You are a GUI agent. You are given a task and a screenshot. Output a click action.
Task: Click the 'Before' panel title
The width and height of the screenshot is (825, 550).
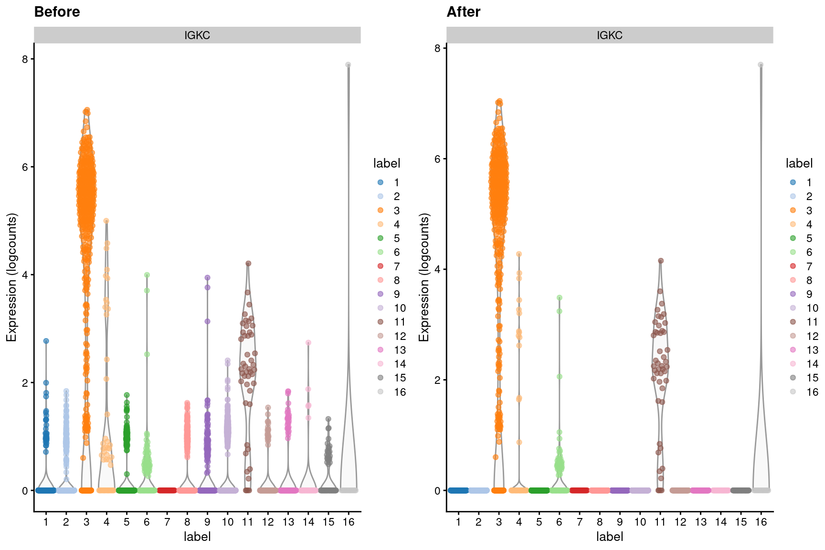(57, 12)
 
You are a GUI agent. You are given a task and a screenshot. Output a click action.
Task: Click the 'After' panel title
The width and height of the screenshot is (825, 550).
(463, 12)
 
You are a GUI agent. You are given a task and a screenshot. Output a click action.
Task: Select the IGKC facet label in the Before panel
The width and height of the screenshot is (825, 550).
(197, 35)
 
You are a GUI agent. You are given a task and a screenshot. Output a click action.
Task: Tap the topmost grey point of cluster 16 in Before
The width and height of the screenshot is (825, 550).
(348, 65)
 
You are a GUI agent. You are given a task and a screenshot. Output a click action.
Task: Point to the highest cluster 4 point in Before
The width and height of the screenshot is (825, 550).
(106, 221)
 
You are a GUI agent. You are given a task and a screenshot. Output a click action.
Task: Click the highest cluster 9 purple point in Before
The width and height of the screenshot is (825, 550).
(207, 277)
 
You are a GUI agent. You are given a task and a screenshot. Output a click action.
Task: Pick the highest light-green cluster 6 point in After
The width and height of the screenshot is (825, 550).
(560, 298)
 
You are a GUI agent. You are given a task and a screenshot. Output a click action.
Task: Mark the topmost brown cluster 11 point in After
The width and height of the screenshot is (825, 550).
(661, 261)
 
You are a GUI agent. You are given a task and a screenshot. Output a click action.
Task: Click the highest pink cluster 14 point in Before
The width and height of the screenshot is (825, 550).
(308, 343)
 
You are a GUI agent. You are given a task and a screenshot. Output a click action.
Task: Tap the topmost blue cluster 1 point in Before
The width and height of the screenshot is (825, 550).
(46, 341)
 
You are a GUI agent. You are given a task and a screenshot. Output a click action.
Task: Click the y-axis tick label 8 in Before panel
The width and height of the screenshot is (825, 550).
(25, 59)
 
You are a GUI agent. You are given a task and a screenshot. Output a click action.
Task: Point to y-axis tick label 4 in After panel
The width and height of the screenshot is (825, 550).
(437, 269)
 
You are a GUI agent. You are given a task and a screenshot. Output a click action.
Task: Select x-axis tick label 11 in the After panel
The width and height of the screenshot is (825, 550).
(660, 522)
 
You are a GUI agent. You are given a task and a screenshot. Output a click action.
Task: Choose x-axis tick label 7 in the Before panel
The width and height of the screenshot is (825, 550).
(167, 522)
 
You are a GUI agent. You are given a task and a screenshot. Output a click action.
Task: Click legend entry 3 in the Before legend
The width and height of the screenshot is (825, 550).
(396, 211)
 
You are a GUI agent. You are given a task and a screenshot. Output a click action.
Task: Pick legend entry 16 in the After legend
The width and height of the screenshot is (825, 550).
(812, 392)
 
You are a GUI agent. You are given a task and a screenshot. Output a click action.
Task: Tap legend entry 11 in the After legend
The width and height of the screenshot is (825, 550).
(812, 322)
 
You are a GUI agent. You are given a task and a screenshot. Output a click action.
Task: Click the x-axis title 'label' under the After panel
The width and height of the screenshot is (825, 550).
(609, 537)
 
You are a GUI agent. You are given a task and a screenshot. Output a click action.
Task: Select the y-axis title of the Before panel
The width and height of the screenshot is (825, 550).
(11, 277)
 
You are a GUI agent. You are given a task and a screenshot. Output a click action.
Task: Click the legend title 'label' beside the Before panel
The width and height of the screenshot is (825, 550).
(386, 163)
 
